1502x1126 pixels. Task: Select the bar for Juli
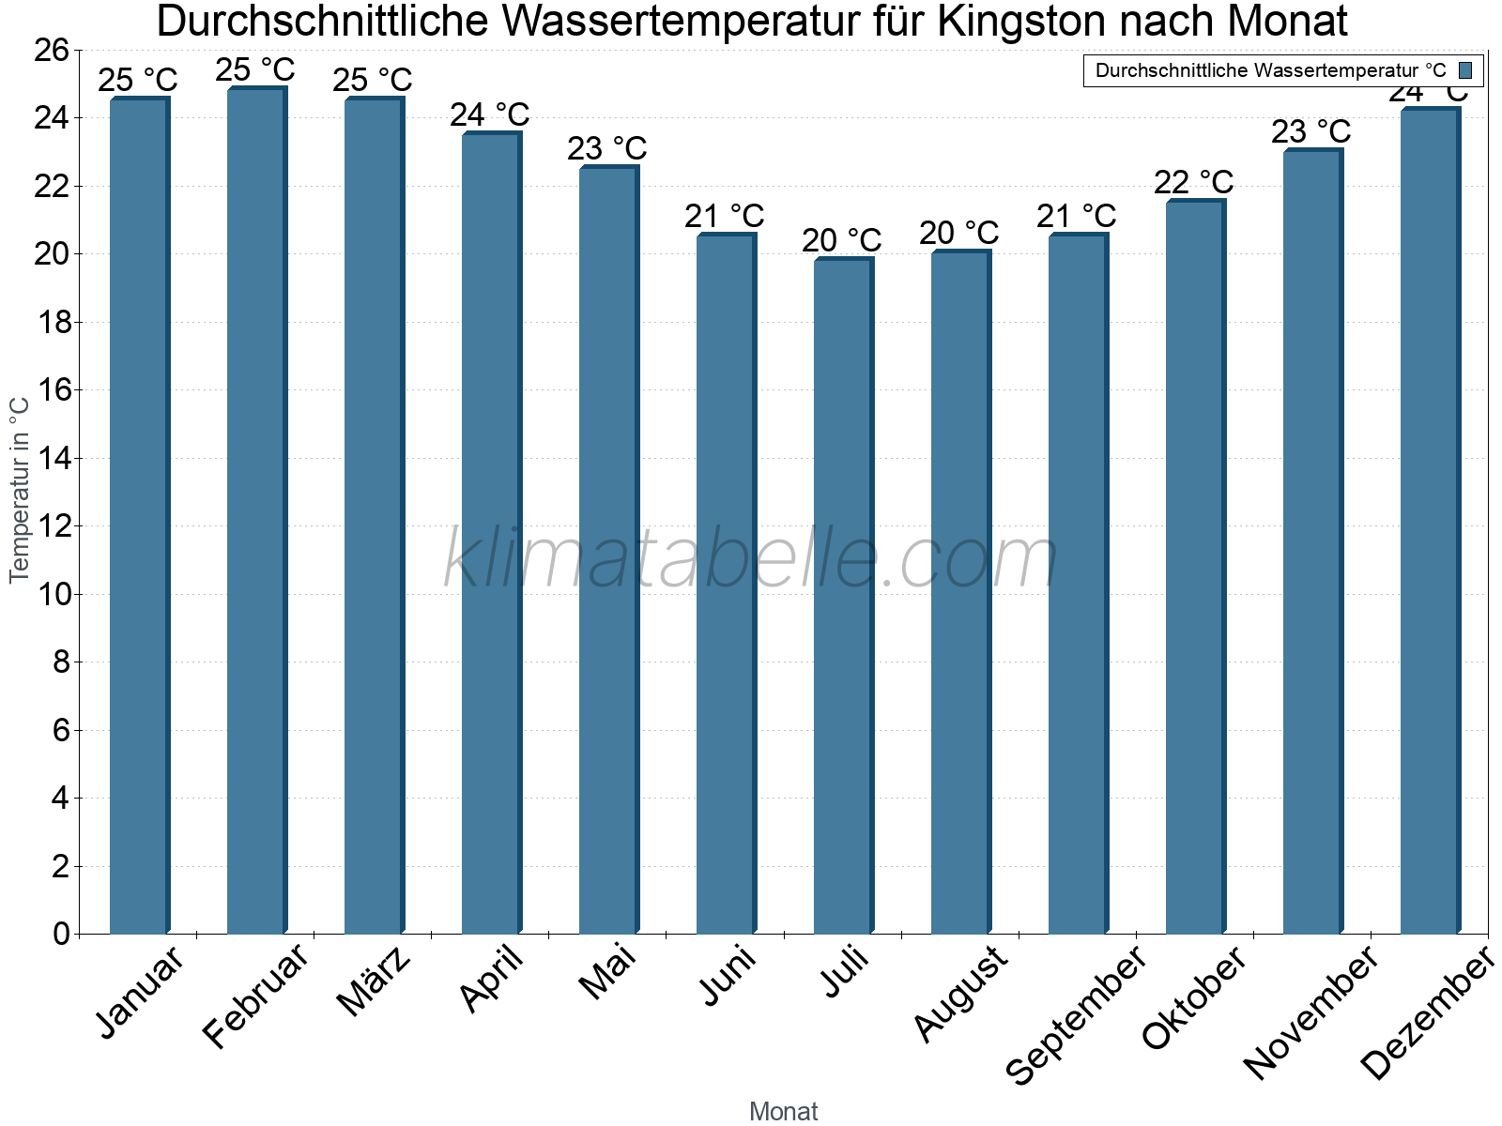(843, 596)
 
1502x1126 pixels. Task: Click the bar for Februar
(256, 511)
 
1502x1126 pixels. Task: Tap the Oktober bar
(1195, 568)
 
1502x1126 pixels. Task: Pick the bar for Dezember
(1430, 521)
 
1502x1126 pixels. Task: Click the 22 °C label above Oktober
(1193, 181)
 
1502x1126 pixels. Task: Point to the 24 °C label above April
(489, 115)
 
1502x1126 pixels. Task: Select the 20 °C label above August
(958, 232)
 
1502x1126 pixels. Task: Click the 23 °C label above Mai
(606, 148)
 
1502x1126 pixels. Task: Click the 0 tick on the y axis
(62, 934)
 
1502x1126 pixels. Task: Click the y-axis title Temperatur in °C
(20, 489)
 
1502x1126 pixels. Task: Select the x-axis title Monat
(783, 1111)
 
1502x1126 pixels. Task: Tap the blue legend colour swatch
(1464, 70)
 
